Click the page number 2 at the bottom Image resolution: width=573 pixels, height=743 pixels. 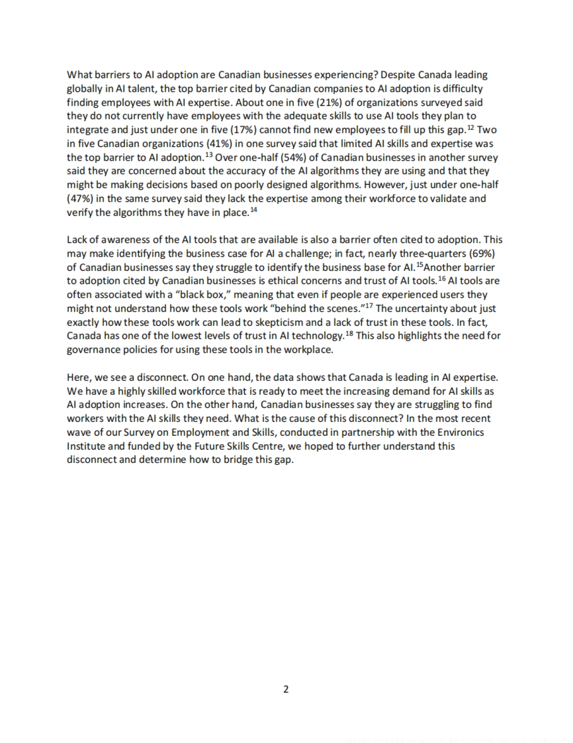pyautogui.click(x=286, y=689)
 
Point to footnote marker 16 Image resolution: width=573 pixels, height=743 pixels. pyautogui.click(x=442, y=279)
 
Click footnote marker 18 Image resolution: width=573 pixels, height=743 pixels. pyautogui.click(x=349, y=334)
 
